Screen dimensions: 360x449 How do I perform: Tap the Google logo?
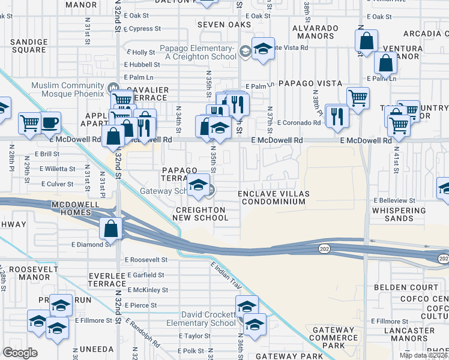pos(20,353)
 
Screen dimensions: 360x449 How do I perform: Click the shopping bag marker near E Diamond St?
pos(112,228)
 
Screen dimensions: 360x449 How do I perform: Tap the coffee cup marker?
pos(50,122)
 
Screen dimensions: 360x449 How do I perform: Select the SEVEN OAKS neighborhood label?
pos(220,25)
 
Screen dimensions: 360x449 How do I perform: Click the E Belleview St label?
pos(394,200)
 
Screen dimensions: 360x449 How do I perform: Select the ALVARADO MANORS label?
pos(313,32)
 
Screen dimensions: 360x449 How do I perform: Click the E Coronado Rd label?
pos(298,123)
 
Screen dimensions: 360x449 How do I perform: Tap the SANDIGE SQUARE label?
pos(29,46)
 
